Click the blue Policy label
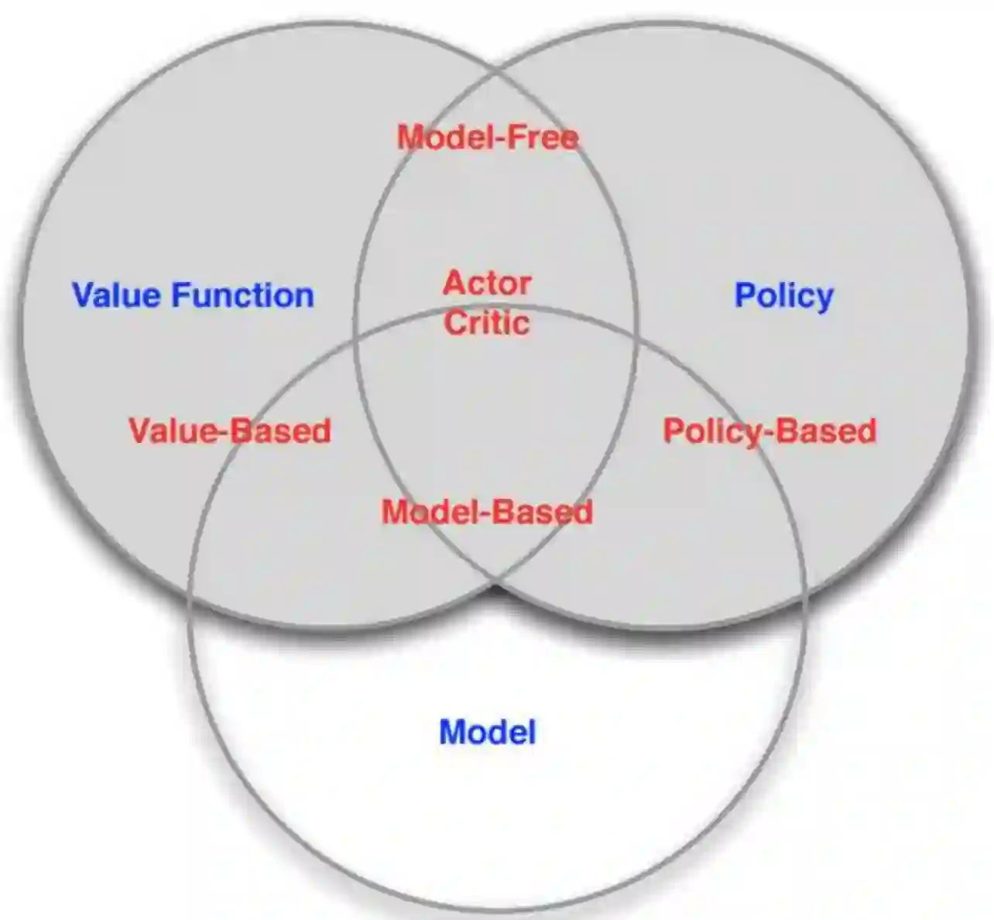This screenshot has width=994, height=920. (x=783, y=296)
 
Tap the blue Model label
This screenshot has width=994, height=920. (x=487, y=732)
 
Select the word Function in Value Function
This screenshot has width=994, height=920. (x=242, y=296)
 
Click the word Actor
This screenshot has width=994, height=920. (x=487, y=283)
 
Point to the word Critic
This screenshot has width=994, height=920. (x=487, y=322)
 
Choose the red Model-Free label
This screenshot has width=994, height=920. (x=488, y=138)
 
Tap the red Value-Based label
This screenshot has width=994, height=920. (x=230, y=431)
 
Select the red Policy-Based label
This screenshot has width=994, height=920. (x=769, y=431)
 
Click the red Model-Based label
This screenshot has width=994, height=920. (x=487, y=512)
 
